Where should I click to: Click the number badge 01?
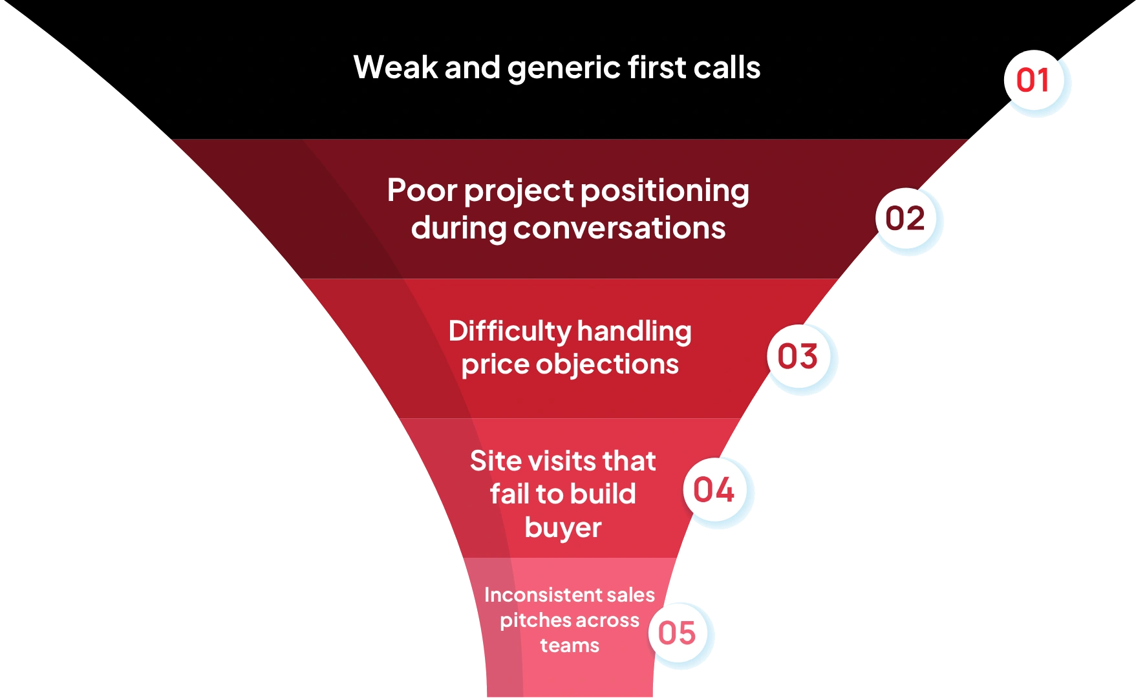[1034, 81]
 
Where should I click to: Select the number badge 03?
[798, 357]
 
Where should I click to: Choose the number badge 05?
[677, 633]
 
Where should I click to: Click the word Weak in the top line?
[395, 68]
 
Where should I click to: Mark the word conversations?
[619, 228]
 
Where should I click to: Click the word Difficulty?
[508, 332]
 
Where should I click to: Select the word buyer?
[563, 529]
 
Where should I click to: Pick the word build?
[603, 494]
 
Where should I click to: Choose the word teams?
[570, 646]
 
